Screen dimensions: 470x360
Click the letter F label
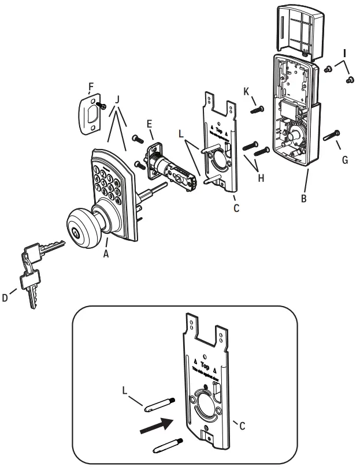pyautogui.click(x=90, y=88)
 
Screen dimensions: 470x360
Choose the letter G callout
pyautogui.click(x=344, y=159)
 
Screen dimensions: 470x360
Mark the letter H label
pyautogui.click(x=261, y=178)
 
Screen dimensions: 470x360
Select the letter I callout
pyautogui.click(x=344, y=53)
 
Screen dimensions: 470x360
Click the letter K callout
pyautogui.click(x=246, y=92)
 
